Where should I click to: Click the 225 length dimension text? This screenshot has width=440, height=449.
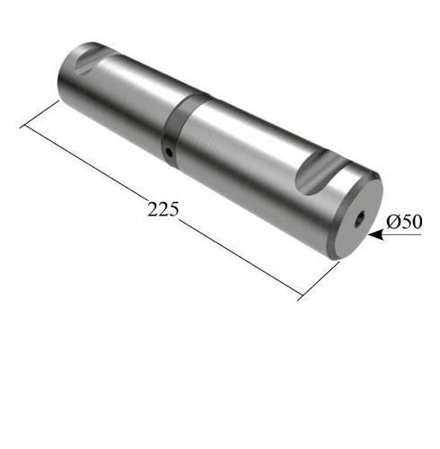(163, 209)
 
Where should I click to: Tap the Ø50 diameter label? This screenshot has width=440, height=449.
(404, 222)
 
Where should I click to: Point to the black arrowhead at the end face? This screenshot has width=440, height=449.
(376, 234)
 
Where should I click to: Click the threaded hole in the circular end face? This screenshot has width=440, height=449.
(359, 220)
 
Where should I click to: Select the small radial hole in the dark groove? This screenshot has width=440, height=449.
(169, 153)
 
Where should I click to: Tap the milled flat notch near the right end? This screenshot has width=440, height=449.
(321, 172)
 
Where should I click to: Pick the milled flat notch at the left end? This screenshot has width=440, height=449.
(92, 59)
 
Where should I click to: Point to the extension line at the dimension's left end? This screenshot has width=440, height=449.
(40, 115)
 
